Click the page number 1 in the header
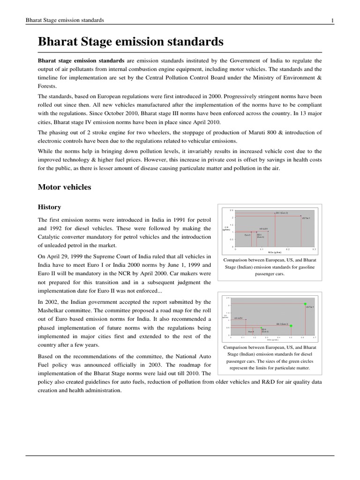click(332, 20)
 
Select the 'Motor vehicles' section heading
click(64, 187)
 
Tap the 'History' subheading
click(49, 207)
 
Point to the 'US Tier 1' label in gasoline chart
click(306, 218)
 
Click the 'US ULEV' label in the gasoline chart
click(263, 229)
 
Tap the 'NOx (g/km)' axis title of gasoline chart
click(268, 252)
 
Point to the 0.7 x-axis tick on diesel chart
click(315, 337)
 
